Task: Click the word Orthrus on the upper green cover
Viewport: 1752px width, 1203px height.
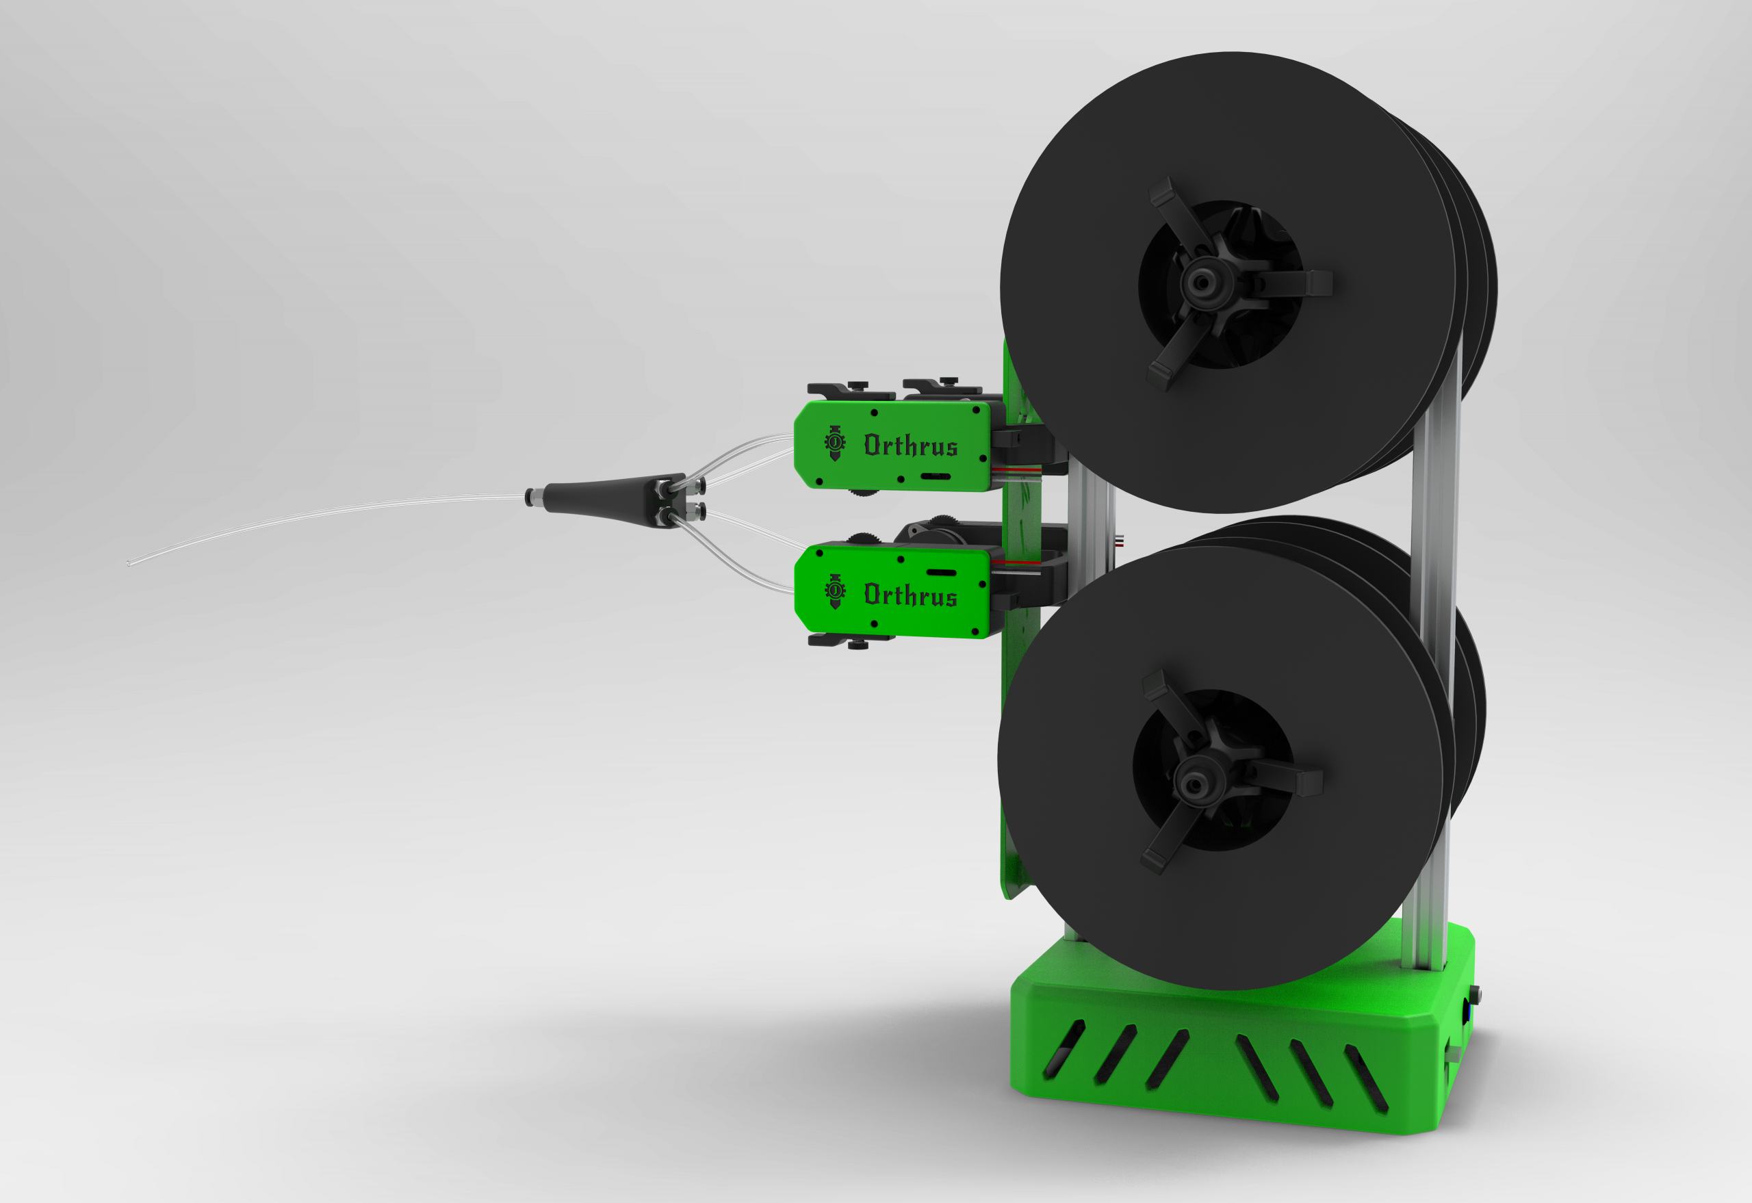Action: tap(911, 446)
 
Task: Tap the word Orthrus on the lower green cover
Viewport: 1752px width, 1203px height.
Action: tap(911, 595)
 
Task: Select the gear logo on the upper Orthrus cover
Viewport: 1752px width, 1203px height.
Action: tap(834, 441)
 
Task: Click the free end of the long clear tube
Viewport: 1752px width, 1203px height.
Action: tap(129, 562)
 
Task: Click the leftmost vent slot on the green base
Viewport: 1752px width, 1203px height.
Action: tap(1064, 1049)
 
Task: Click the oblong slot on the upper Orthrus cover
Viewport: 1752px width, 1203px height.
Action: tap(935, 476)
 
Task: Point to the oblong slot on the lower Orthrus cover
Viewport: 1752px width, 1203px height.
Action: tap(941, 573)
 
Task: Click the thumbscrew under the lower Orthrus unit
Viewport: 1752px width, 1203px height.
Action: tap(857, 645)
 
